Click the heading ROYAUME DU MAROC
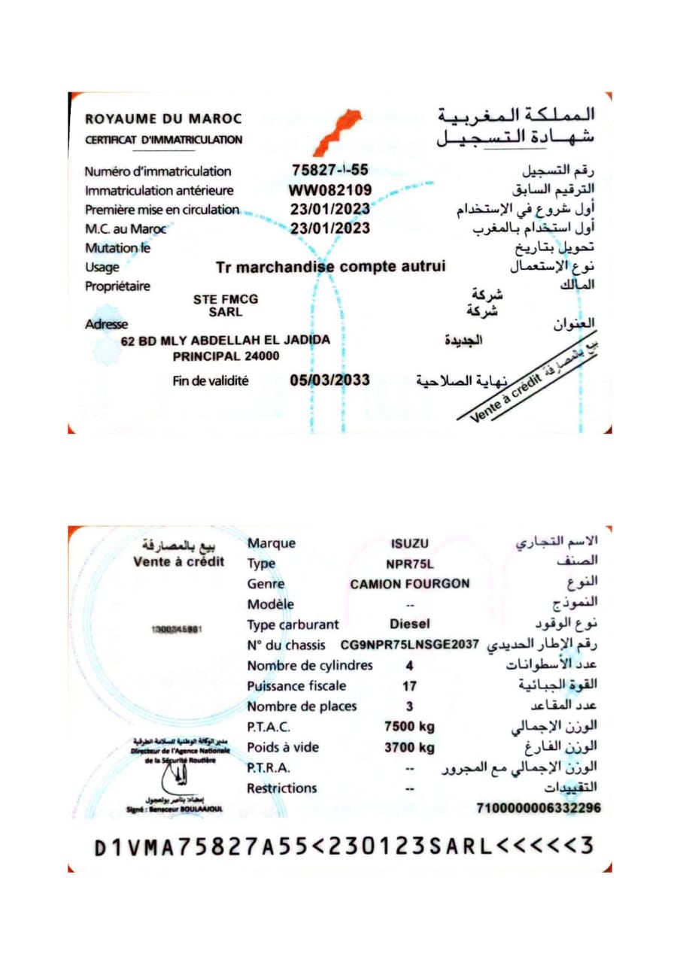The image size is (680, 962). coord(163,119)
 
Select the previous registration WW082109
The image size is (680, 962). coord(330,190)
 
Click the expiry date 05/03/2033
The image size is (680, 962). coord(329,380)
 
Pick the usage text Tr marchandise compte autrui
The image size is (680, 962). coord(330,267)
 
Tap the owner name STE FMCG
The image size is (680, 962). coord(226,298)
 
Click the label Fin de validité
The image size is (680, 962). coord(211,381)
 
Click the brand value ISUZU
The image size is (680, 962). coord(409,544)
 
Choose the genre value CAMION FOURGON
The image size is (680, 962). coord(410,584)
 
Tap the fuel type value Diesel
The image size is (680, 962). coord(409,624)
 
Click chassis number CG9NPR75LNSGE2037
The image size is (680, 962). coord(410,645)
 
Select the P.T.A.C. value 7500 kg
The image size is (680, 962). coord(409,727)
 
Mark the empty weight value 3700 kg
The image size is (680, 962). coord(409,748)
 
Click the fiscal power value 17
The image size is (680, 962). coord(410,685)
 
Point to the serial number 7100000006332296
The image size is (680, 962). coord(539,808)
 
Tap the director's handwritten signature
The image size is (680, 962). coord(178,782)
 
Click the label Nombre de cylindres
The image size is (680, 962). coord(310,665)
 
